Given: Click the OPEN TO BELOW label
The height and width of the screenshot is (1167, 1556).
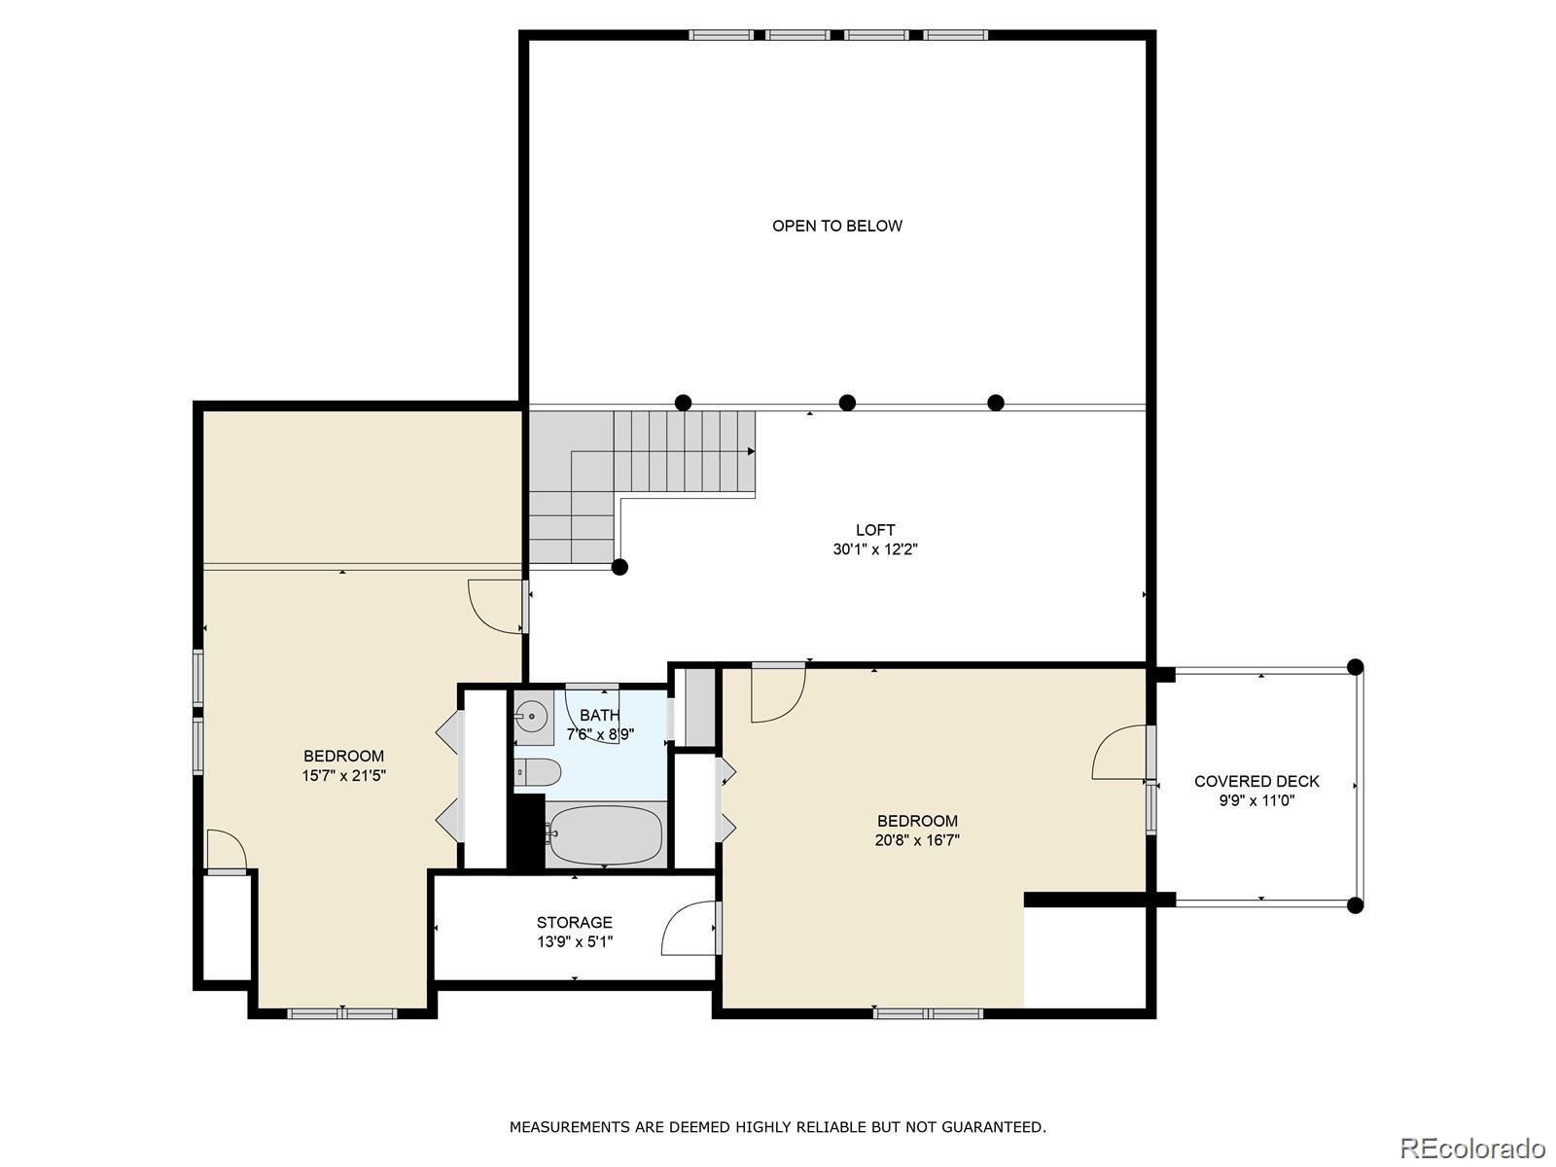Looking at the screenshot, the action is point(836,226).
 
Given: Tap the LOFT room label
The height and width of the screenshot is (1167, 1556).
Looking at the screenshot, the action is point(874,529).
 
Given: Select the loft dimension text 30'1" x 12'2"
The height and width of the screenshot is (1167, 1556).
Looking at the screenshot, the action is point(874,549).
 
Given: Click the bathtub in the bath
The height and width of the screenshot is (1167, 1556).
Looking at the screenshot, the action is point(606,834).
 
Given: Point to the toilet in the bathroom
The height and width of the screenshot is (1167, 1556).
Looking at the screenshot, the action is point(538,771).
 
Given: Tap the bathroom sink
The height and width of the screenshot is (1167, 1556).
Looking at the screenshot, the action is point(533,718).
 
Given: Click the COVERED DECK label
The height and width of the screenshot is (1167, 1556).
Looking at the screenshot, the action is point(1256,782).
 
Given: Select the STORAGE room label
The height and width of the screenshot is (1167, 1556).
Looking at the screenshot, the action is point(574,923).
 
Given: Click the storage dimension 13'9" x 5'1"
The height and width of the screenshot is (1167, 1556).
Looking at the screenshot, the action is point(574,941).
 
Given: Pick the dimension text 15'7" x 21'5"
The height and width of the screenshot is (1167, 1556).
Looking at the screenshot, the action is point(344,775).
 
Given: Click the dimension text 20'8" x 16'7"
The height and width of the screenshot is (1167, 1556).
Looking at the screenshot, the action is point(917,840).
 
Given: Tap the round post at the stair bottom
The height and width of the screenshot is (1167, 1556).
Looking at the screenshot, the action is point(619,567).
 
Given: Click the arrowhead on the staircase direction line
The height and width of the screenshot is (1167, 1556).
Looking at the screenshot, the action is point(752,451).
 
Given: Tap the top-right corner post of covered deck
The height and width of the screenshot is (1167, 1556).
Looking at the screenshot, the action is point(1355,667).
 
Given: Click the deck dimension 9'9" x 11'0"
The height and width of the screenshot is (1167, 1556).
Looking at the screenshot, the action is point(1256,800).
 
